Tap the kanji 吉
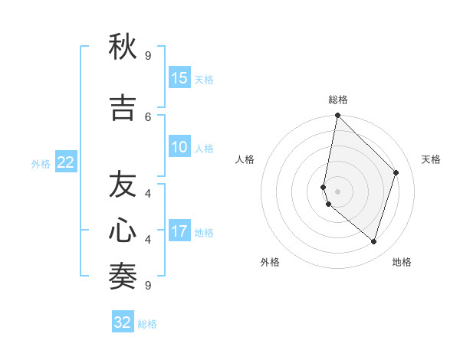click(x=123, y=108)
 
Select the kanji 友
click(x=123, y=185)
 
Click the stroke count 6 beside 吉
click(x=148, y=116)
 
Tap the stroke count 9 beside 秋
click(x=148, y=56)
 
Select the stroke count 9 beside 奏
click(x=148, y=285)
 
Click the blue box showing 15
click(x=179, y=78)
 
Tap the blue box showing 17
click(x=179, y=231)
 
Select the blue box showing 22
click(x=66, y=162)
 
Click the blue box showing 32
click(x=123, y=322)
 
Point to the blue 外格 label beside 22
click(x=41, y=163)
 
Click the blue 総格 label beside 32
click(x=147, y=324)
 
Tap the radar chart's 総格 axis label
click(x=338, y=100)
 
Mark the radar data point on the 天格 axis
click(x=396, y=172)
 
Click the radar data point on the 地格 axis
click(x=374, y=241)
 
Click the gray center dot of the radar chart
click(x=338, y=191)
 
